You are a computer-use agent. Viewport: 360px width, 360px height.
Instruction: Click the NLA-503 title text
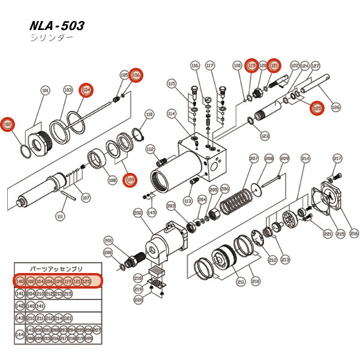pyautogui.click(x=56, y=26)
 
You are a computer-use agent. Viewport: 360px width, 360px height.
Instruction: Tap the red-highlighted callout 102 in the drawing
pyautogui.click(x=8, y=124)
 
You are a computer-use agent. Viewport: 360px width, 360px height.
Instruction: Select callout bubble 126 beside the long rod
pyautogui.click(x=335, y=107)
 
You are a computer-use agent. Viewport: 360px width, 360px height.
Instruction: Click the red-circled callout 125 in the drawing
pyautogui.click(x=317, y=108)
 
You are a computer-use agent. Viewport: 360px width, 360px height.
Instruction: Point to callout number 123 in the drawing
pyautogui.click(x=265, y=136)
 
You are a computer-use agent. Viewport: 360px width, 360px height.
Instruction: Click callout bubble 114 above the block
pyautogui.click(x=172, y=113)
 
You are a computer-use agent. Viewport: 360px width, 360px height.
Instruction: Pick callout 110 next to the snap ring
pyautogui.click(x=150, y=113)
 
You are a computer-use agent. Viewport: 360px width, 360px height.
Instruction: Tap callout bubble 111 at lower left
pyautogui.click(x=60, y=216)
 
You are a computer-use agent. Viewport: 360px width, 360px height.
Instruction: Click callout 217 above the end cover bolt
pyautogui.click(x=338, y=158)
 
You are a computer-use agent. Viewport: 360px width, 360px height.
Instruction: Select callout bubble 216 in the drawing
pyautogui.click(x=354, y=233)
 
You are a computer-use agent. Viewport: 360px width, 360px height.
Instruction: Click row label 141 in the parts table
pyautogui.click(x=20, y=293)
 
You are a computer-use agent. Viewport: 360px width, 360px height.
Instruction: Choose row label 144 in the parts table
pyautogui.click(x=20, y=334)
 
